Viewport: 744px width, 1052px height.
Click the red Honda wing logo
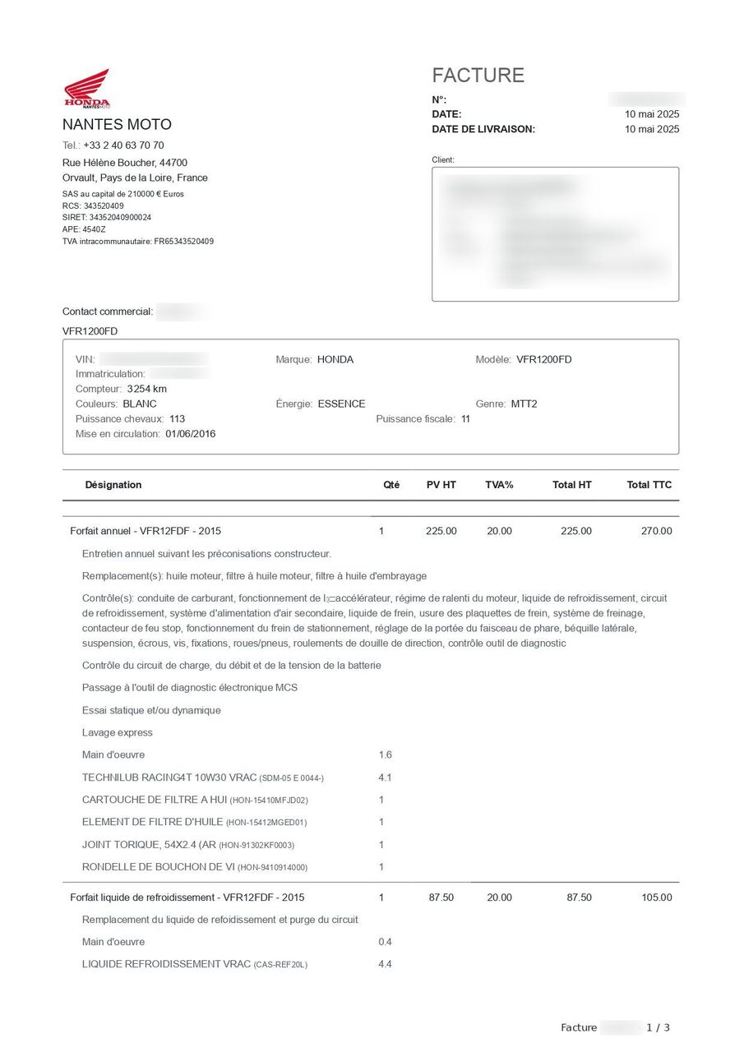[x=87, y=88]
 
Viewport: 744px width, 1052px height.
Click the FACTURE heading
[x=478, y=76]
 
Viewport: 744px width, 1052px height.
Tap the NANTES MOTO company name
[x=117, y=125]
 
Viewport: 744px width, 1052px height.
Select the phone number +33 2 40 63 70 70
[x=123, y=145]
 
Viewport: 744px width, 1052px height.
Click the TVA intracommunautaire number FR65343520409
[x=183, y=242]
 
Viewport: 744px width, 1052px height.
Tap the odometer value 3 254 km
[x=147, y=389]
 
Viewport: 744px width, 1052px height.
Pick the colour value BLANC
[x=140, y=404]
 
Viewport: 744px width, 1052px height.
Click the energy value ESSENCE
[x=341, y=404]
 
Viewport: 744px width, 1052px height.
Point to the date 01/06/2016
[x=191, y=434]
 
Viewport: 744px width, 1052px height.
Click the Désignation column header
[x=113, y=485]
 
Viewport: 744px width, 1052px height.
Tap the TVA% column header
[x=499, y=485]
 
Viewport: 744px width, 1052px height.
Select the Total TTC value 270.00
[x=656, y=531]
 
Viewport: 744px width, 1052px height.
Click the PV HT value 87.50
[x=441, y=897]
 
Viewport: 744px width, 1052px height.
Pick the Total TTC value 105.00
[x=656, y=897]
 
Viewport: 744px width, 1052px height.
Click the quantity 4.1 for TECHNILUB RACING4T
[x=385, y=777]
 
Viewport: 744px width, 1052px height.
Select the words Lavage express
[x=118, y=732]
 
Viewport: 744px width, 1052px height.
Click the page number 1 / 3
[x=658, y=1027]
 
